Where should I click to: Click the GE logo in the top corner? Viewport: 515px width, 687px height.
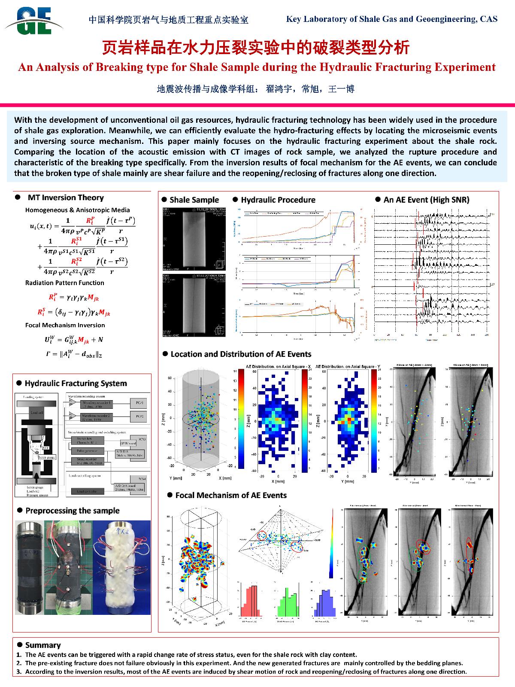point(34,20)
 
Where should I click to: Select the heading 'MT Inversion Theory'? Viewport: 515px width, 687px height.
point(66,198)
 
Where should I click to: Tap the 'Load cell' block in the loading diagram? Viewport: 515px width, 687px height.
point(36,412)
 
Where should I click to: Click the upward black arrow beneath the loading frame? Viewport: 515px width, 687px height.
point(36,477)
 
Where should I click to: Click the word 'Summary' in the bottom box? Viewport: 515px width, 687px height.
point(43,645)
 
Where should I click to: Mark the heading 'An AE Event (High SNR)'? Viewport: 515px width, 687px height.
point(426,200)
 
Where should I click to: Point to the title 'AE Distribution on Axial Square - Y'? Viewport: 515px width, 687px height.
point(348,366)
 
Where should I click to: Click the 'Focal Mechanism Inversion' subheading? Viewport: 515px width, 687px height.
point(65,325)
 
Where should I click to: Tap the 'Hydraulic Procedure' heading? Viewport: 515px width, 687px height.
point(278,200)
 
